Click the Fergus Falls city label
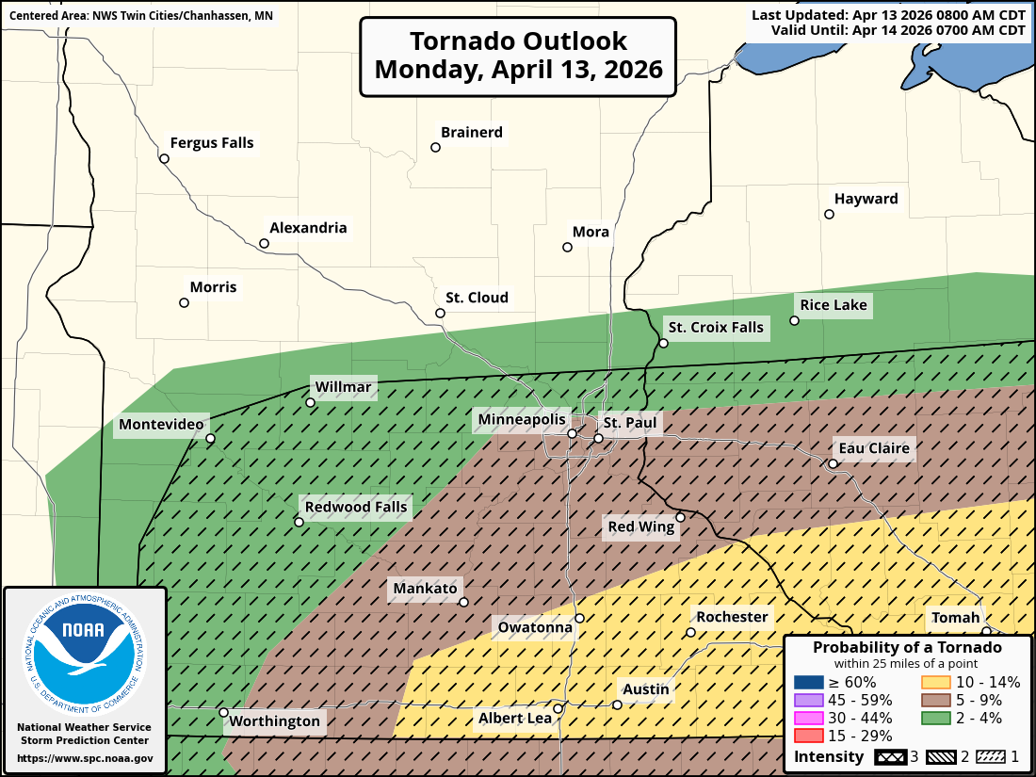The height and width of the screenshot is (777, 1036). (x=212, y=143)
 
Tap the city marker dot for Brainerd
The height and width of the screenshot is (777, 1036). (x=436, y=147)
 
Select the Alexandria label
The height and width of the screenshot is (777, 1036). (x=308, y=228)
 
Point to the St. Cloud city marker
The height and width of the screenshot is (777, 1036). (x=440, y=314)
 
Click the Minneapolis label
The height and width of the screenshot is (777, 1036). (x=522, y=419)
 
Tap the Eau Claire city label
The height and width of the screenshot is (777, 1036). (x=873, y=448)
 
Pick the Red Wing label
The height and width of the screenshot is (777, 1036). (x=641, y=527)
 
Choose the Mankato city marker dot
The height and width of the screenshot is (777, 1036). (x=463, y=602)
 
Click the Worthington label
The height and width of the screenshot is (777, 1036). (x=275, y=721)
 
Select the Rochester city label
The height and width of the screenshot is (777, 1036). (x=732, y=617)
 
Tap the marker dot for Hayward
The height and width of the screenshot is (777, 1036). (x=830, y=215)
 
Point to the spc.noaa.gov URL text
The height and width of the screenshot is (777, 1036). (x=85, y=758)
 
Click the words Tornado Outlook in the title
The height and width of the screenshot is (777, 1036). (x=518, y=41)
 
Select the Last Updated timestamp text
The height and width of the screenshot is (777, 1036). (x=888, y=14)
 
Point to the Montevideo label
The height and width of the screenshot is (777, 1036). (x=161, y=425)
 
